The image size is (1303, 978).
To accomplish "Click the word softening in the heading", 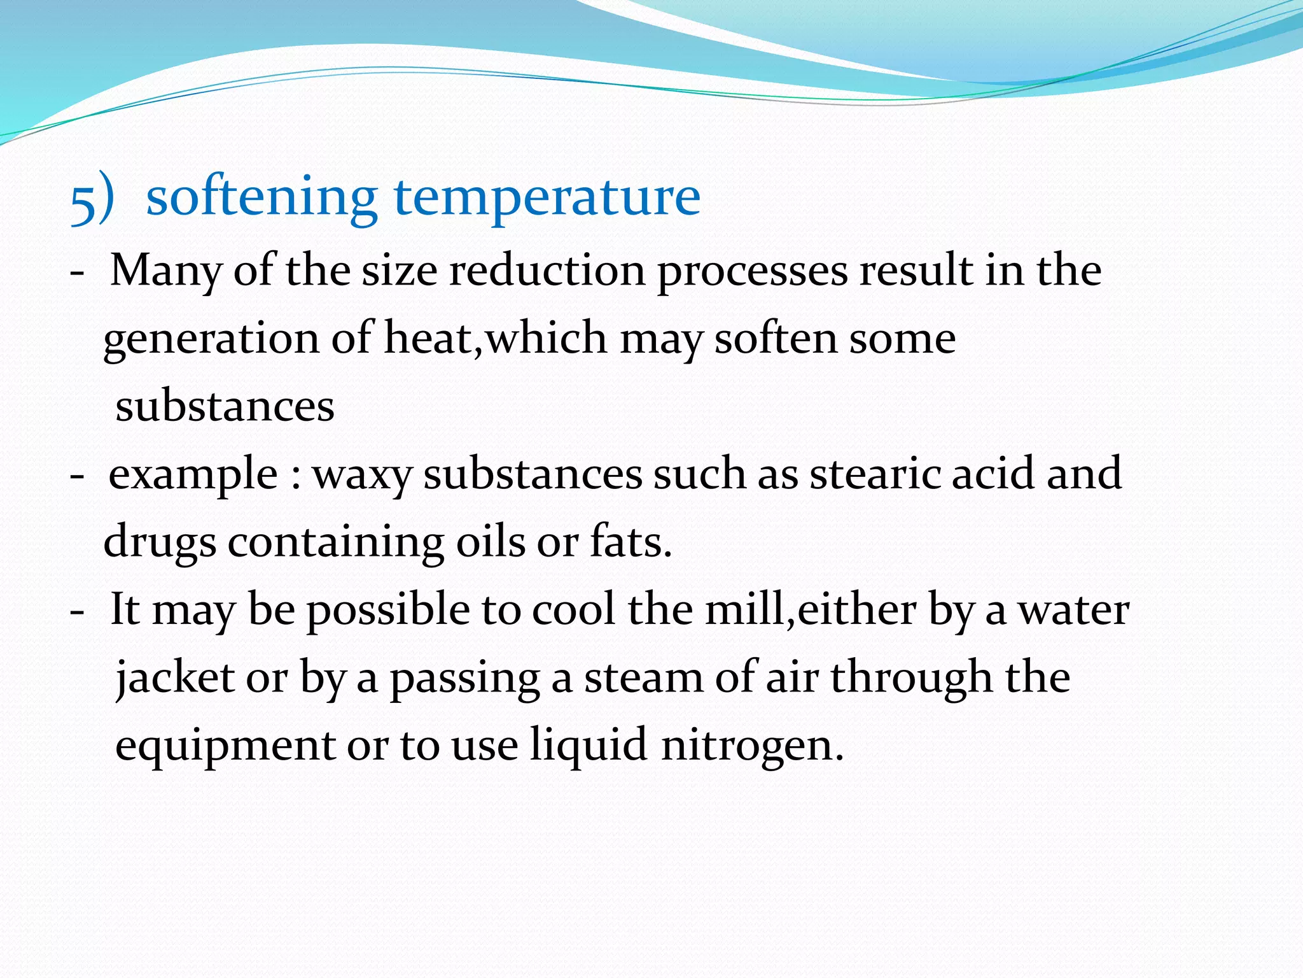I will [x=261, y=197].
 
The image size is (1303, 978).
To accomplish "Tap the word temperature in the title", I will [x=547, y=198].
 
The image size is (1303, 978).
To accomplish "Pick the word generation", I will [x=211, y=339].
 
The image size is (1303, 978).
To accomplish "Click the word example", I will [x=193, y=475].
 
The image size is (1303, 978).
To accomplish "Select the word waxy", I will [x=363, y=475].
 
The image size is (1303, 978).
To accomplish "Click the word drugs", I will [x=160, y=542].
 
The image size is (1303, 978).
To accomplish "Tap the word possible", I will [x=389, y=611].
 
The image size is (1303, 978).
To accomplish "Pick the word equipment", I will [x=225, y=746].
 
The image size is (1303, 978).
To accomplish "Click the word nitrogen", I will [x=752, y=746].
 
